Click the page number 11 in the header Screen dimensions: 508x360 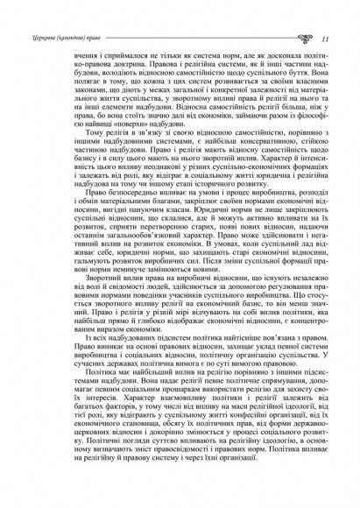click(x=325, y=39)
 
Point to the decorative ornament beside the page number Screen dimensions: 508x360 click(x=307, y=39)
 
